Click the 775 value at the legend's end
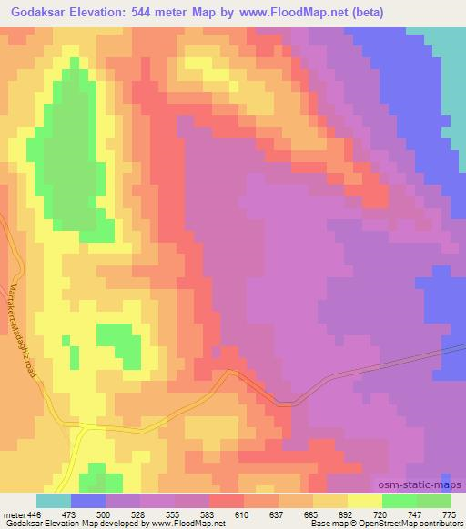pos(449,514)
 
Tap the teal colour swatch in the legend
pos(54,501)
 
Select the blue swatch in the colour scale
pos(88,501)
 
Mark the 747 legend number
pos(414,514)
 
